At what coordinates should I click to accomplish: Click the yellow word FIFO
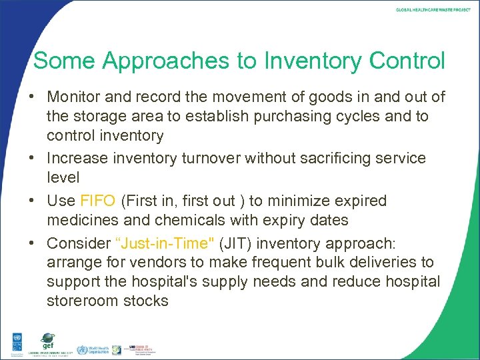pyautogui.click(x=97, y=201)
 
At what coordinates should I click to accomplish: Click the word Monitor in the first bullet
pyautogui.click(x=73, y=97)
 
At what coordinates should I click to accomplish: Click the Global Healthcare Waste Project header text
pyautogui.click(x=433, y=11)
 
